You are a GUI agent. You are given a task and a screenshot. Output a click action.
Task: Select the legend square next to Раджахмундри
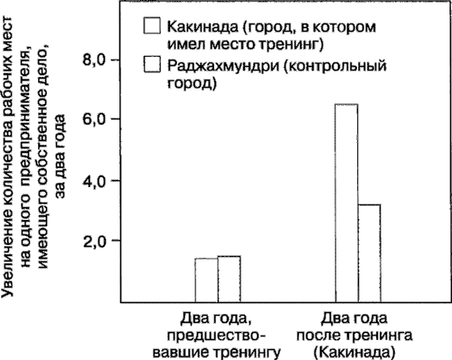click(151, 64)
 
